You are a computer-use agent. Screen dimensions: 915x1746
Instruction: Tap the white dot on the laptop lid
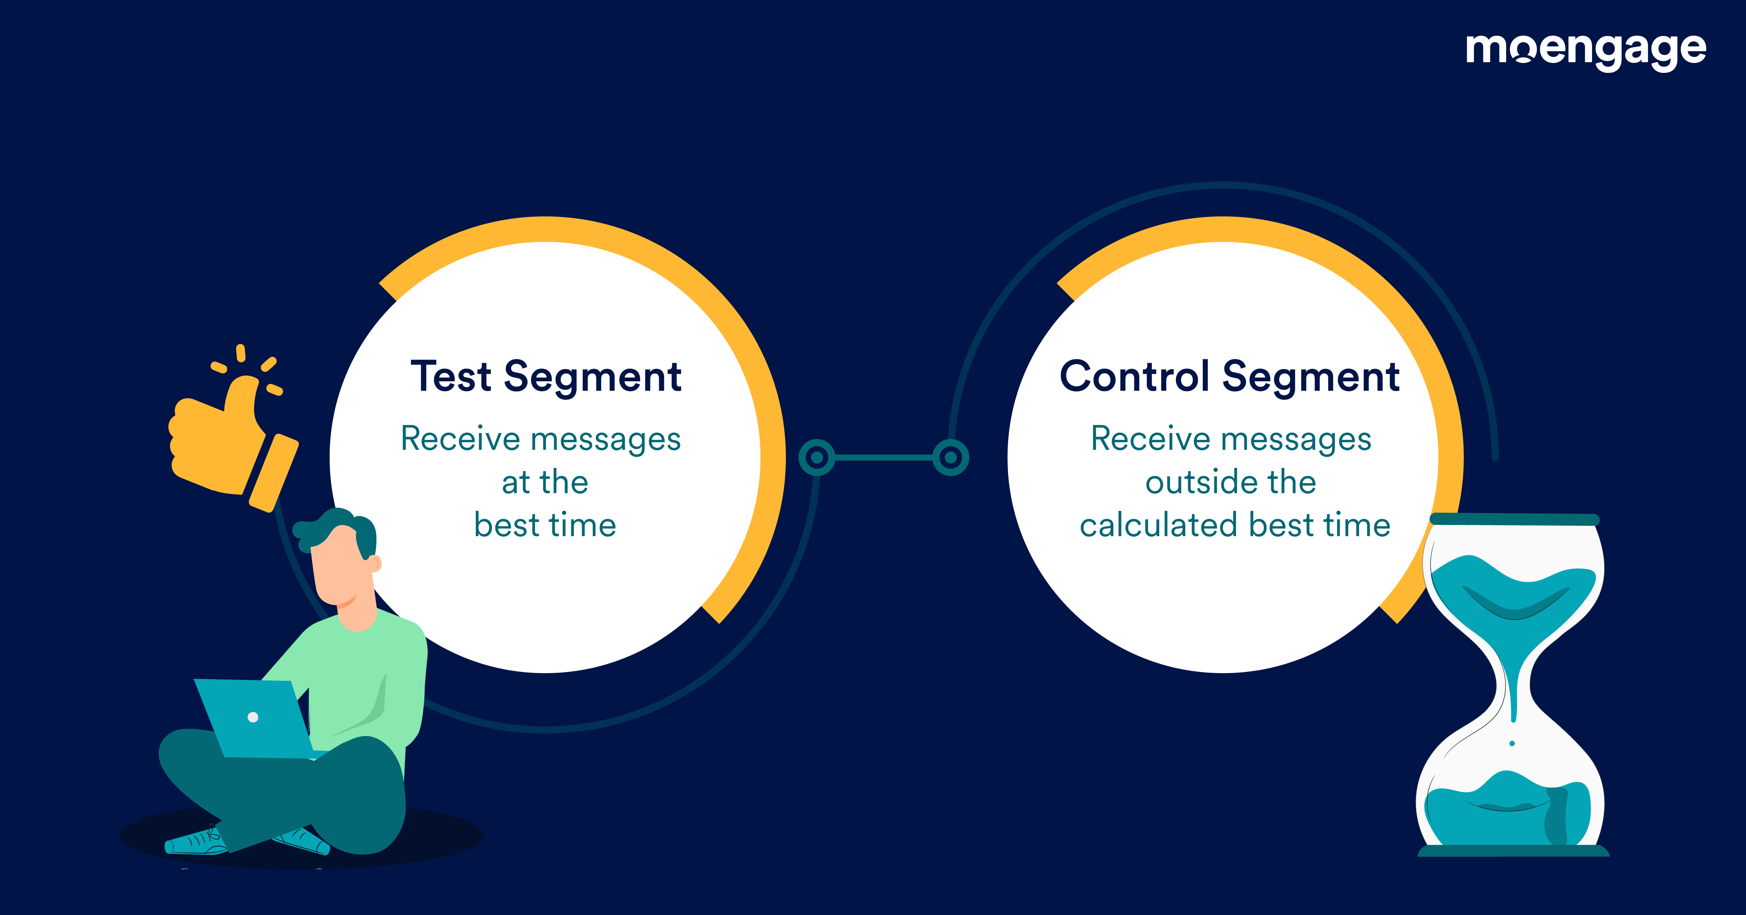(x=253, y=717)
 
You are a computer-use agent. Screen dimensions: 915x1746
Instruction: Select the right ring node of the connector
(x=951, y=458)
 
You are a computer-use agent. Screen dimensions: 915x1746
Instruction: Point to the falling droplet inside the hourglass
(x=1512, y=743)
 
